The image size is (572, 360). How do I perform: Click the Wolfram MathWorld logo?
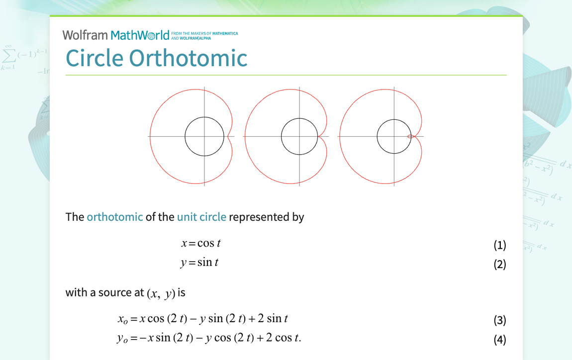[x=116, y=35]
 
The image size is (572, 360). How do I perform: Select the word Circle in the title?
[x=95, y=58]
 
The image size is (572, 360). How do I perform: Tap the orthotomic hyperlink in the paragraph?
[x=114, y=217]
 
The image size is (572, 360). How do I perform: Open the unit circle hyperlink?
[x=201, y=217]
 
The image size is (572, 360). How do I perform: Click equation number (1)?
[x=499, y=245]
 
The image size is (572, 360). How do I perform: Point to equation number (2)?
[x=499, y=264]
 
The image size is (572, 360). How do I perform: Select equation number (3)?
[x=499, y=320]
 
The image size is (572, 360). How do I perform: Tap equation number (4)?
[x=499, y=340]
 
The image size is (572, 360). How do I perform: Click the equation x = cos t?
[x=200, y=243]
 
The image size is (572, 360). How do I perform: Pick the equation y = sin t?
[x=199, y=262]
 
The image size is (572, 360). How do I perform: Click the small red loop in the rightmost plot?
[x=409, y=136]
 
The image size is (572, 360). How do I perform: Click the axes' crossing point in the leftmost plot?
[x=204, y=136]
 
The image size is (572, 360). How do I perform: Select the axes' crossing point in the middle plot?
[x=299, y=136]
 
